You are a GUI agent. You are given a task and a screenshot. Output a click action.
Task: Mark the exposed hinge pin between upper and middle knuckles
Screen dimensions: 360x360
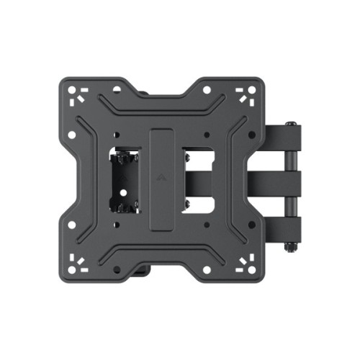tap(291, 160)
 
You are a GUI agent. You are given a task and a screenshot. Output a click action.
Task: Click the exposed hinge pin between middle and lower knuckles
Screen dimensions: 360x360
tap(291, 205)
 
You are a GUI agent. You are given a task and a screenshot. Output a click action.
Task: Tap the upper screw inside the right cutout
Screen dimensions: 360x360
tap(187, 153)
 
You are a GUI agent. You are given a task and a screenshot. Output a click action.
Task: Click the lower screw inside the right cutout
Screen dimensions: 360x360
tap(187, 209)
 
